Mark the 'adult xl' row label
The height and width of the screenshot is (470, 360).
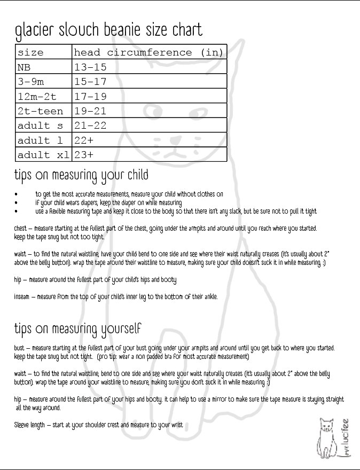(x=43, y=155)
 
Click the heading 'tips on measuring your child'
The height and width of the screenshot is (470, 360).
(x=81, y=175)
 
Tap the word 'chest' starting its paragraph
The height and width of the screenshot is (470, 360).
(x=20, y=229)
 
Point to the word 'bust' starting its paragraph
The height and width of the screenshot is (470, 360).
(x=19, y=348)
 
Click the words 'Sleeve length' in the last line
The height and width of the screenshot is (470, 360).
(x=29, y=425)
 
